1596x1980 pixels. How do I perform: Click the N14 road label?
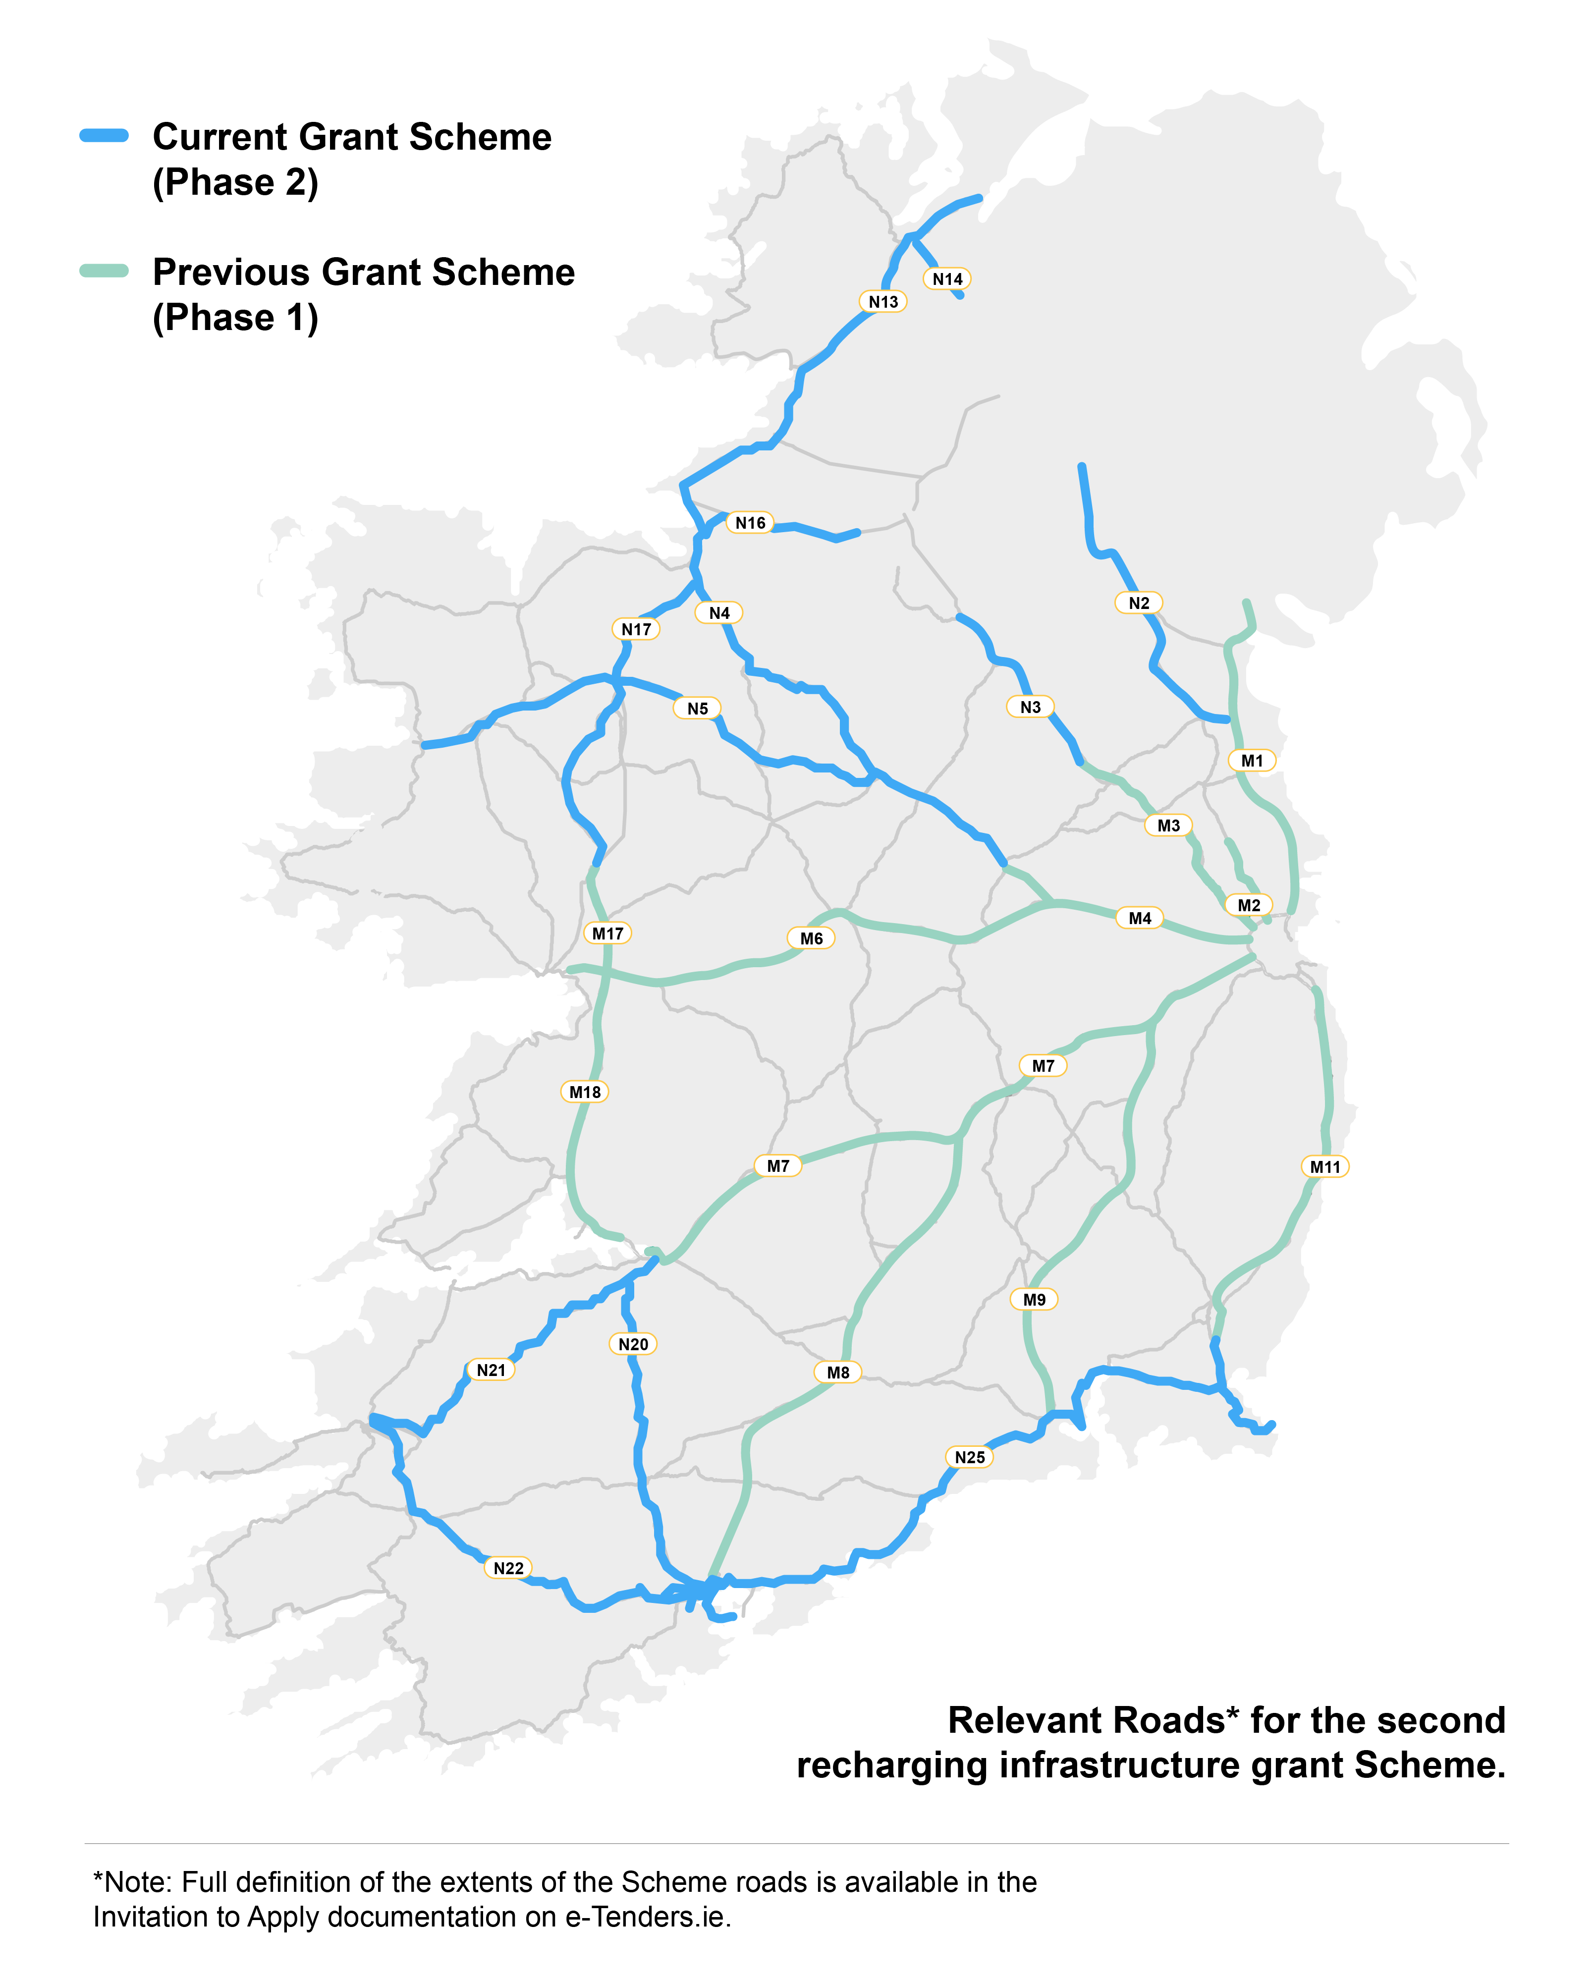947,278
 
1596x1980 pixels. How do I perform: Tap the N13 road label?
883,301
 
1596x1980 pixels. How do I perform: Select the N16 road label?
750,523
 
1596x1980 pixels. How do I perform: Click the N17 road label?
636,630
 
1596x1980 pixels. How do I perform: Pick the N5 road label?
698,709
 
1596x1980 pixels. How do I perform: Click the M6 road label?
811,938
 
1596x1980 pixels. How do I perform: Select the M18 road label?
585,1092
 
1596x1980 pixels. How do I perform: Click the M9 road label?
1034,1300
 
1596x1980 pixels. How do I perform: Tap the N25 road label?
969,1457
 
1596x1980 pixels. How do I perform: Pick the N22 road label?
508,1568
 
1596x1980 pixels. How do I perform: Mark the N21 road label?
491,1371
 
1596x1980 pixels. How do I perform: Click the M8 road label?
837,1373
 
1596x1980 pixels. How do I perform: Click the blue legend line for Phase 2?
104,136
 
